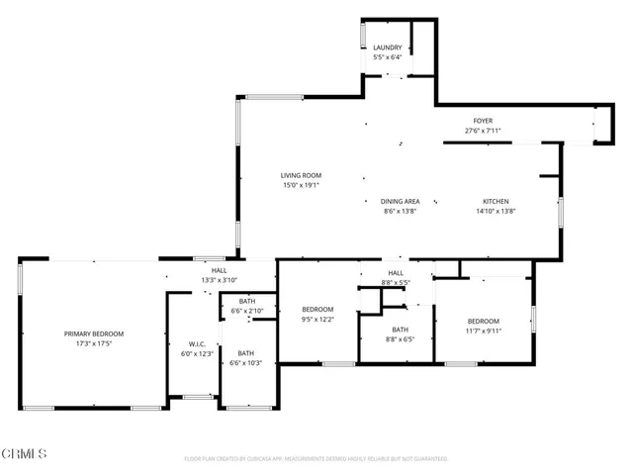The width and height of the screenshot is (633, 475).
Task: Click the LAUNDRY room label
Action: [387, 47]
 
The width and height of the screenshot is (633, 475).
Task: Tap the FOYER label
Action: [483, 121]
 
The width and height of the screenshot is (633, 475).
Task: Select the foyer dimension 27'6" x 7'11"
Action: [483, 131]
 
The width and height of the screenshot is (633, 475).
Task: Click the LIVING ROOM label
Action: [301, 175]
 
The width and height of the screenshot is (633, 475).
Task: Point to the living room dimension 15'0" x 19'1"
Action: [301, 185]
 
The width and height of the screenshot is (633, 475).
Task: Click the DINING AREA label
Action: [401, 201]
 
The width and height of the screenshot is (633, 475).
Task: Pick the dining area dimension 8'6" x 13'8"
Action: [401, 211]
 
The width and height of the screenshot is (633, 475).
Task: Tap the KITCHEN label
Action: [496, 201]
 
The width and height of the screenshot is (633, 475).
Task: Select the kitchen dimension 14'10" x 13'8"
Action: [496, 211]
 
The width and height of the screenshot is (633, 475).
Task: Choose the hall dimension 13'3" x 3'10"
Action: [219, 280]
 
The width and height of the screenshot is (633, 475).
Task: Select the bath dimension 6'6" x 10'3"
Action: [245, 363]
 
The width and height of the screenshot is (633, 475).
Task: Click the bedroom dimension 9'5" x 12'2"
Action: [317, 320]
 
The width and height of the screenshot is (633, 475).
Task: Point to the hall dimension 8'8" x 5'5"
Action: [396, 283]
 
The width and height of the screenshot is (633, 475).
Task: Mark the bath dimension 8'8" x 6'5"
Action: [400, 339]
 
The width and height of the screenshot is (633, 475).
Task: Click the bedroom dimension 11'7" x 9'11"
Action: [483, 331]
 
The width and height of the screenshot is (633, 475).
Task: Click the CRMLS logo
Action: [25, 453]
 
